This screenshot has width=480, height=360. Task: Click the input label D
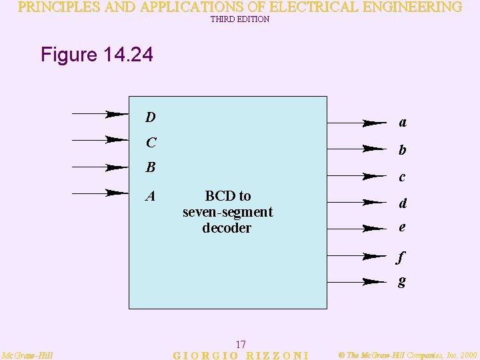point(151,117)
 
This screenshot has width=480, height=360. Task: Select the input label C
point(151,143)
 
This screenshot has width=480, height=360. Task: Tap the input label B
point(151,167)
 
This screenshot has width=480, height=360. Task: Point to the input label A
point(151,196)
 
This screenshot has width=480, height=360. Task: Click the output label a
point(403,123)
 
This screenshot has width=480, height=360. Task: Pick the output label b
point(402,150)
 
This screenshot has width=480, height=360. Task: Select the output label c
point(402,177)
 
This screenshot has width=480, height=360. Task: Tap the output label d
point(403,203)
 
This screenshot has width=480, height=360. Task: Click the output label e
point(402,227)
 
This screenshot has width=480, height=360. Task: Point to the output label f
point(401,255)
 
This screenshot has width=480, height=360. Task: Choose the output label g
point(401,282)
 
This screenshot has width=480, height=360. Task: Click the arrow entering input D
point(99,114)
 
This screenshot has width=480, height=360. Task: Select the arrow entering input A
point(99,193)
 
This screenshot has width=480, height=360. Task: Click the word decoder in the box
point(227,228)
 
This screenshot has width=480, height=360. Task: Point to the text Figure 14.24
point(97,55)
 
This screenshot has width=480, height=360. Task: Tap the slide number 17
point(241,344)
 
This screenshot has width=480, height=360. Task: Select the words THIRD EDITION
point(240,19)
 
